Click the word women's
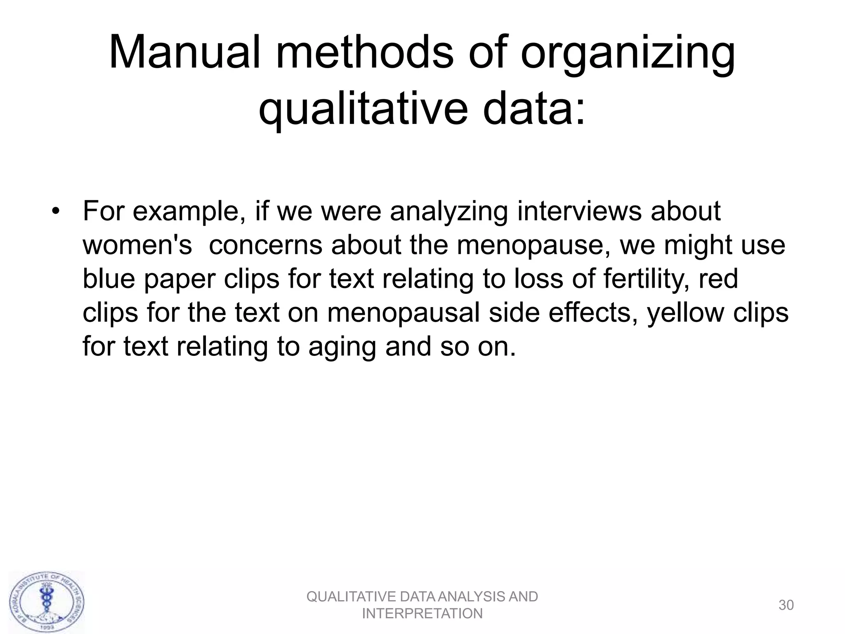tap(137, 245)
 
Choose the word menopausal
tap(404, 313)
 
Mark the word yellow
tap(685, 313)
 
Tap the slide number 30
tap(786, 605)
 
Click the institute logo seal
tap(47, 601)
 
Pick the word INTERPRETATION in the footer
tap(422, 614)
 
